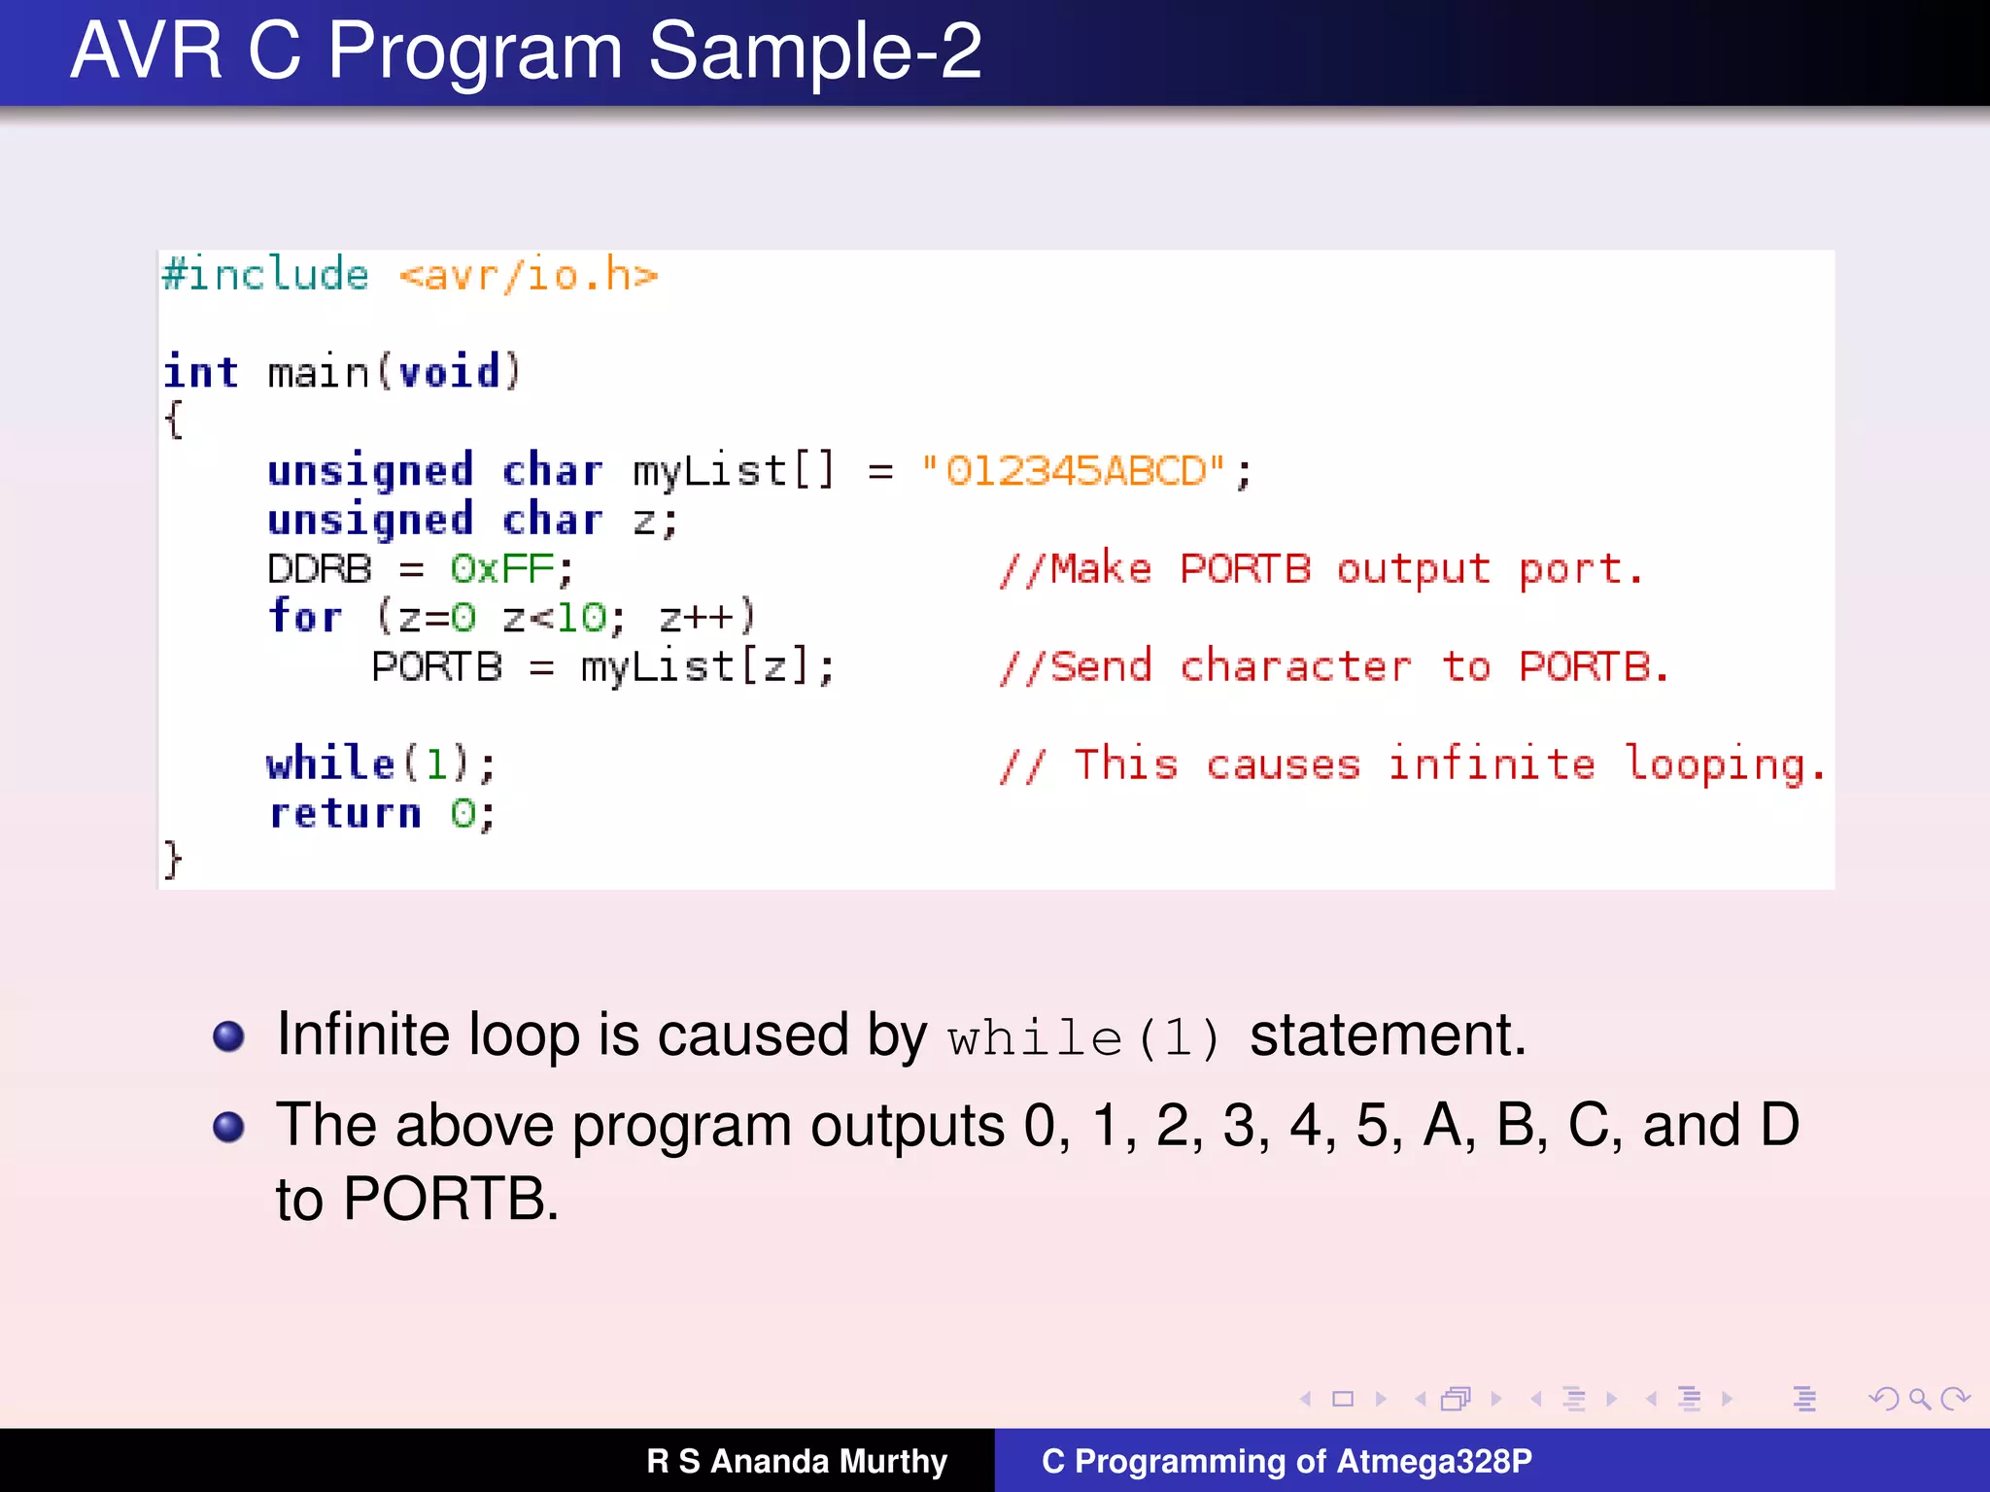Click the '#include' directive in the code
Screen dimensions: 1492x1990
(x=265, y=275)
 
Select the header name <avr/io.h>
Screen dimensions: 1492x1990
(x=528, y=276)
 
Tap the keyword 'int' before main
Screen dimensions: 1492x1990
(x=201, y=372)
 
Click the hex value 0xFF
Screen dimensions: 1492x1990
(x=501, y=569)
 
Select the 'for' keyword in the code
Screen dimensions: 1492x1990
(x=305, y=617)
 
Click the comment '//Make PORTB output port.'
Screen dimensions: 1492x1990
(x=1321, y=569)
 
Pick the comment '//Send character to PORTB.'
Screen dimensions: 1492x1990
(x=1334, y=667)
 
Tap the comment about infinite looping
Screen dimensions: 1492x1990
(x=1413, y=764)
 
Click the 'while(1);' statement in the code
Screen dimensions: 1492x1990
(x=381, y=764)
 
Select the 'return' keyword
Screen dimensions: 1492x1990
(x=345, y=813)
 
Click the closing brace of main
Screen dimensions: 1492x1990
(x=173, y=861)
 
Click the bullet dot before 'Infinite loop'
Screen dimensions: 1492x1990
(x=228, y=1036)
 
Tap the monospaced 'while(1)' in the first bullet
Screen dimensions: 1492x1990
(x=1082, y=1038)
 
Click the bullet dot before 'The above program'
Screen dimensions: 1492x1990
(x=228, y=1127)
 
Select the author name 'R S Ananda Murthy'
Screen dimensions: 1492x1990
(x=797, y=1461)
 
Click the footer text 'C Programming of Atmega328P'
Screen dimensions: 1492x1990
(x=1287, y=1461)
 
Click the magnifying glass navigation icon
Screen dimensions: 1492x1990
(x=1919, y=1399)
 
